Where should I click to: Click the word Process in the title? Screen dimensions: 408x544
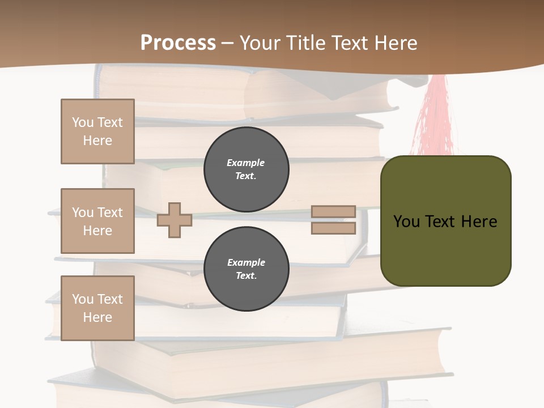[178, 43]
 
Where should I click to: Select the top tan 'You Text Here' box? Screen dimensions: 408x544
[97, 131]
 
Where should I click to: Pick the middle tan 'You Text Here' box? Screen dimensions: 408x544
[97, 221]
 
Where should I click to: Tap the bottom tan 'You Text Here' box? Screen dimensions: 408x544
[97, 308]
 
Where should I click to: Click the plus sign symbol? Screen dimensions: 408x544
[175, 220]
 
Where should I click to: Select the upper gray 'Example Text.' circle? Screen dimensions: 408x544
[246, 169]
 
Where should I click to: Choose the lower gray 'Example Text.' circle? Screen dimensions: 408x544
[246, 269]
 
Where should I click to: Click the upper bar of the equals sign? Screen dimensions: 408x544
[333, 212]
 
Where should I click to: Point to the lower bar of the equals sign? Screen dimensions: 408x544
[333, 228]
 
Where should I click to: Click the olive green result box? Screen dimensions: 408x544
[445, 249]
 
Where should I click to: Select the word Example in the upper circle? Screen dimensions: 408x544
[246, 163]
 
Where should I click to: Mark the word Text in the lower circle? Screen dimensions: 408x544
[246, 276]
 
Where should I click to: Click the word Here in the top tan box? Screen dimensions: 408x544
[97, 141]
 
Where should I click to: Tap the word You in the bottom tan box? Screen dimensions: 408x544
[82, 299]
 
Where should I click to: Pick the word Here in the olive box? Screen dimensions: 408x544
[479, 222]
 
